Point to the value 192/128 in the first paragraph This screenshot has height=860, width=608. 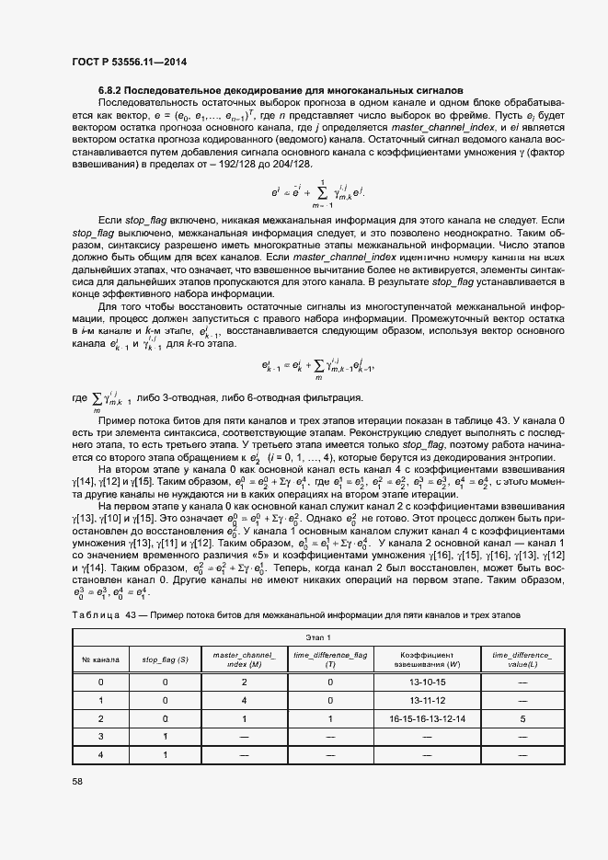[233, 163]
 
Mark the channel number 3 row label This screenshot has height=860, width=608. [100, 738]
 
